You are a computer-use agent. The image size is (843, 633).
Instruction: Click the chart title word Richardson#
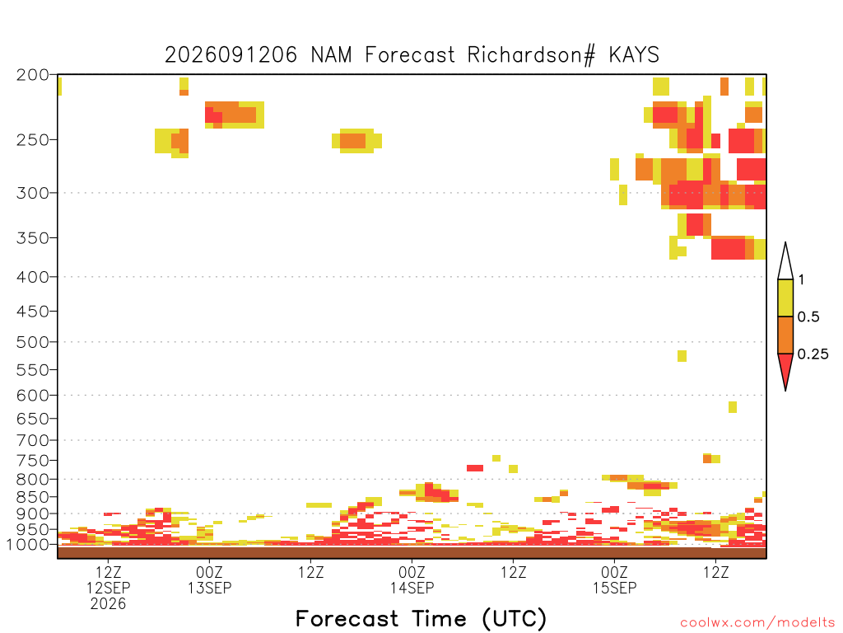(531, 55)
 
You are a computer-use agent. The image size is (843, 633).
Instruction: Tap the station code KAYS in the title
(634, 55)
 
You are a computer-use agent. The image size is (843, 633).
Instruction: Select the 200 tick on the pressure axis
(32, 75)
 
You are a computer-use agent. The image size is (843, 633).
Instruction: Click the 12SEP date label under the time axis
(108, 588)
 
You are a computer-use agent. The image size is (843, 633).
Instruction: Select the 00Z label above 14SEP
(412, 572)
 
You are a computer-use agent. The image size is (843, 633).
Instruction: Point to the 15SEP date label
(614, 588)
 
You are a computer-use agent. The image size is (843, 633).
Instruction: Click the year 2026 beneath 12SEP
(108, 604)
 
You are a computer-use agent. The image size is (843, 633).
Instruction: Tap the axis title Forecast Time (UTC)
(421, 618)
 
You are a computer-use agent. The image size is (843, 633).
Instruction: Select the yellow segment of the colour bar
(785, 298)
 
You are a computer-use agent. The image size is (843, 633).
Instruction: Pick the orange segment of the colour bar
(785, 335)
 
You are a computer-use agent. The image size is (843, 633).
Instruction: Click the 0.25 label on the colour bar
(813, 354)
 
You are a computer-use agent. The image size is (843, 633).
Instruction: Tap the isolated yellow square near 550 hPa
(682, 356)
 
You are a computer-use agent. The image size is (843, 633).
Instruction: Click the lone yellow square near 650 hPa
(732, 407)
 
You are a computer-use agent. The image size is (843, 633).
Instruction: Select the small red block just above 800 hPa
(475, 468)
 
